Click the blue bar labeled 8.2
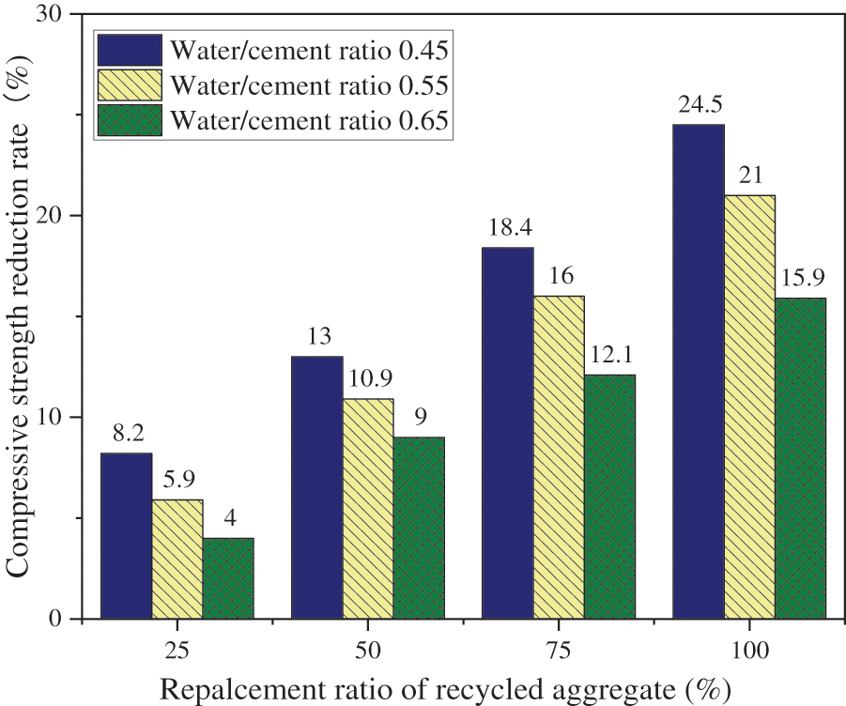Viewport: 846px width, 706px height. click(x=127, y=536)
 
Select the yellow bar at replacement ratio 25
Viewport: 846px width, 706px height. click(x=177, y=560)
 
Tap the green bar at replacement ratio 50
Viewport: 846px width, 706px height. click(x=418, y=528)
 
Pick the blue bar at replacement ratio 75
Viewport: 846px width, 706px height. click(x=508, y=433)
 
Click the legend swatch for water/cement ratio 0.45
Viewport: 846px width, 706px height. click(x=128, y=48)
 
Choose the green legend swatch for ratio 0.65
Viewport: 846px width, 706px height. click(x=128, y=121)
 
